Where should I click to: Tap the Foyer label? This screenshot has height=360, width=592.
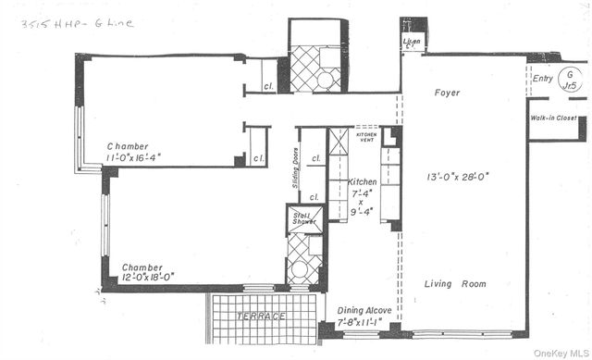tap(447, 93)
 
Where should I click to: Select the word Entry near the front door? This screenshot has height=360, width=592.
tap(544, 80)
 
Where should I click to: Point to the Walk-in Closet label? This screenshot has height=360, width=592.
tap(554, 118)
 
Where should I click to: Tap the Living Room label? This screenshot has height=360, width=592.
tap(455, 284)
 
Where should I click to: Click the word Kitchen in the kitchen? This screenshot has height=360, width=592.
tap(364, 182)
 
